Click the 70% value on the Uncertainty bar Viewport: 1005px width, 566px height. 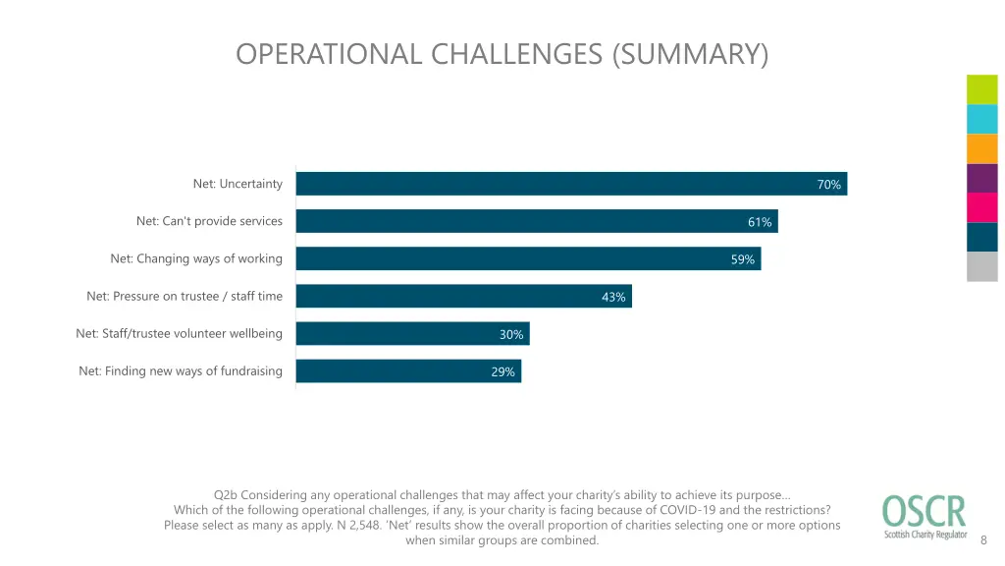(x=829, y=185)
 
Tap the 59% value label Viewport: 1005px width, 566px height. (x=743, y=259)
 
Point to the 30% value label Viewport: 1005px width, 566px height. (x=511, y=334)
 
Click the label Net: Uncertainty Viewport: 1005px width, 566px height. (x=238, y=184)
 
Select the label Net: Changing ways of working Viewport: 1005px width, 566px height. (x=196, y=258)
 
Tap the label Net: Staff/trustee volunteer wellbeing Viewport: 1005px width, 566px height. (x=179, y=333)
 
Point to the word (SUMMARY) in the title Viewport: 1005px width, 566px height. (x=690, y=53)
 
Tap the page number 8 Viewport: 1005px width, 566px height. (x=984, y=538)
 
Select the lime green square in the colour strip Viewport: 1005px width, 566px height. (x=981, y=89)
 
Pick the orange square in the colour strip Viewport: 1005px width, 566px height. (x=981, y=148)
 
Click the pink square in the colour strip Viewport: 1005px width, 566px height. (x=981, y=207)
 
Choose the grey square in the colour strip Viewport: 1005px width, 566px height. (x=981, y=266)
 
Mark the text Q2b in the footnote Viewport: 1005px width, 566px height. (x=225, y=494)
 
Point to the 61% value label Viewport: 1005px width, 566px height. (x=760, y=222)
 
